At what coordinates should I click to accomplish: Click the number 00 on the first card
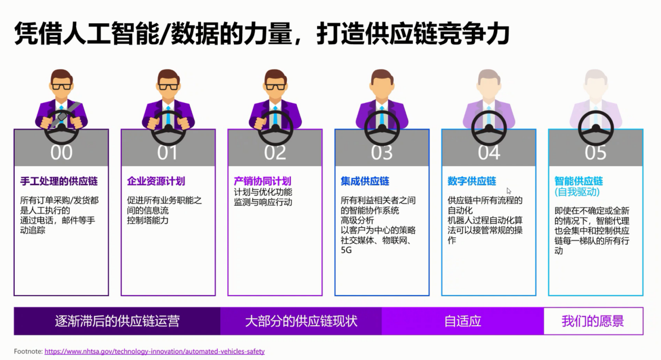61,152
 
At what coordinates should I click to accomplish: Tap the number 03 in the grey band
382,152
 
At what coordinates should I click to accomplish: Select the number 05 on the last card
596,152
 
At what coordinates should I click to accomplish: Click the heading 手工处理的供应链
59,181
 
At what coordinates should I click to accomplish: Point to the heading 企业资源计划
156,181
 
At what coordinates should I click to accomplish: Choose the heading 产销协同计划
262,181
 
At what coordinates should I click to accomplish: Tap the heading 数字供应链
472,181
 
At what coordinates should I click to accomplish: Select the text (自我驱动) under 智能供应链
577,192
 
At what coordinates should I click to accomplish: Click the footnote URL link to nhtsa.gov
154,352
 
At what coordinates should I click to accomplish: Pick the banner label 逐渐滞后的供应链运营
117,322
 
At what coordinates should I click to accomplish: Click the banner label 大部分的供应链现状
301,322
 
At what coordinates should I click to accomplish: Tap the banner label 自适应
462,322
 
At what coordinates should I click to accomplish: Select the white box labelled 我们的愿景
593,322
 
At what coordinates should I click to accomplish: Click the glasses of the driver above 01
168,86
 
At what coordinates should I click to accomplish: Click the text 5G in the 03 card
346,251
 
